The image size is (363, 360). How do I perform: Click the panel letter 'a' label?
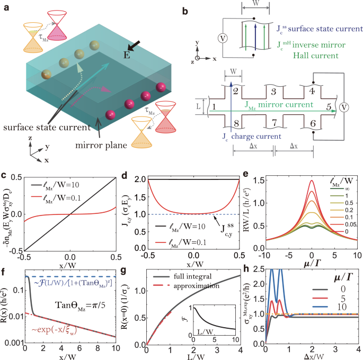[5, 6]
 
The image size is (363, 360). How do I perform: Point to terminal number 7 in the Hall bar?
[273, 123]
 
